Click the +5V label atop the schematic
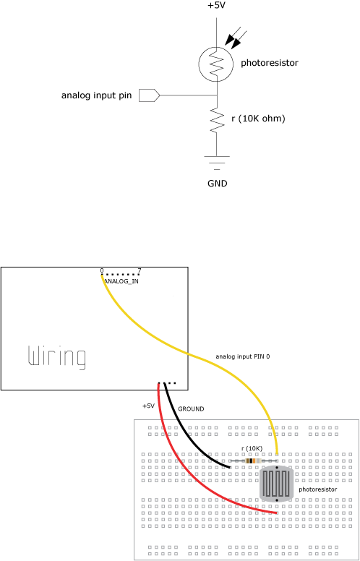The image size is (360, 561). (x=217, y=6)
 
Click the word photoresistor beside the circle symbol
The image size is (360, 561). (x=270, y=64)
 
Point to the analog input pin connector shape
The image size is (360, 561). (x=149, y=95)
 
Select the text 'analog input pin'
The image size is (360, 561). (x=97, y=96)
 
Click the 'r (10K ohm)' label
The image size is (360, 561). (x=258, y=119)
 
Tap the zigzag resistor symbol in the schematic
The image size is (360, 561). (x=217, y=119)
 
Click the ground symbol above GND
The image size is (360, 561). (x=217, y=162)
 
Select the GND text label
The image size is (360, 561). (x=217, y=184)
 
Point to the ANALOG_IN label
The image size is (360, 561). (x=121, y=281)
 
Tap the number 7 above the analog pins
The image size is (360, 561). (x=140, y=270)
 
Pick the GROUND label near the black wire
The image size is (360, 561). (x=191, y=408)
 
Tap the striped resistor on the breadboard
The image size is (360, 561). (x=254, y=461)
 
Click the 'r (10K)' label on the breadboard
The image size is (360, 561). (x=252, y=449)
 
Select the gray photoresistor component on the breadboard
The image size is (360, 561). (x=276, y=484)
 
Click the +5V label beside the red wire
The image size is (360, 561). (x=148, y=406)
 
